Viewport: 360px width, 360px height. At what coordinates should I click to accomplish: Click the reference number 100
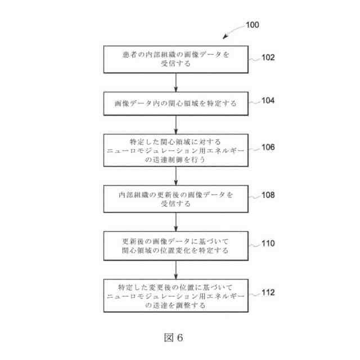tap(253, 25)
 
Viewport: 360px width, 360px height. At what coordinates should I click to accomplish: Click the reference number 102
tap(268, 57)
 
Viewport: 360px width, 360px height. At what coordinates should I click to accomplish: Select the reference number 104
tap(268, 101)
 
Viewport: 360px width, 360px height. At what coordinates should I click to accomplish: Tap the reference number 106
tap(268, 147)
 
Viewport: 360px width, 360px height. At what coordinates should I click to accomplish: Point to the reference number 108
tap(268, 195)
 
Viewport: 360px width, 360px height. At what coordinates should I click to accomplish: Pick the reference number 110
tap(268, 244)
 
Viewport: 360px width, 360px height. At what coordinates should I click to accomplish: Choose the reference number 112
tap(268, 292)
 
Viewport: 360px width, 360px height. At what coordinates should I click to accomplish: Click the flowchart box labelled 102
tap(175, 59)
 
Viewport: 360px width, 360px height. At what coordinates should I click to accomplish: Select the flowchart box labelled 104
tap(175, 103)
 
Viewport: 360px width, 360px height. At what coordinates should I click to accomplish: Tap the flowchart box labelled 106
tap(175, 150)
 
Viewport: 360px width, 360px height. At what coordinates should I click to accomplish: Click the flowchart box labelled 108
tap(175, 199)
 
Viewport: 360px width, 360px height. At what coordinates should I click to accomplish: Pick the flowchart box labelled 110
tap(175, 246)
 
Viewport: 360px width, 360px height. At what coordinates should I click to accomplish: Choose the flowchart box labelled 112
tap(175, 295)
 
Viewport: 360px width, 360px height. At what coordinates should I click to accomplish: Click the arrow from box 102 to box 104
tap(175, 82)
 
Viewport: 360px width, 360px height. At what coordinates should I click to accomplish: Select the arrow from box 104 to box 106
tap(175, 124)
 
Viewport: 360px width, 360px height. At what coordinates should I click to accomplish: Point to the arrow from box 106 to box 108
tap(175, 175)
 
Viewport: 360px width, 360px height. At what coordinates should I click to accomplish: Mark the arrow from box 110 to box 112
tap(175, 270)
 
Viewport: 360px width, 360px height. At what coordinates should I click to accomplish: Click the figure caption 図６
tap(174, 337)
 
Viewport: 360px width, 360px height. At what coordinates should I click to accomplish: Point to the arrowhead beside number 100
tap(226, 37)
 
